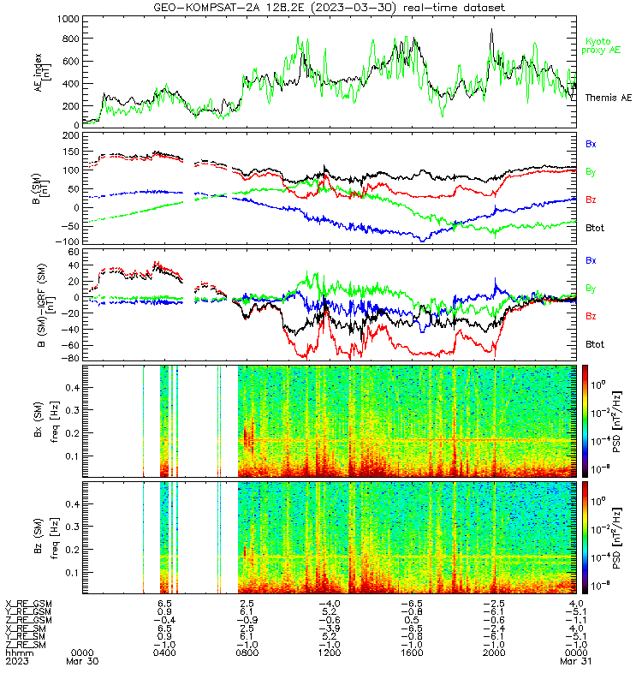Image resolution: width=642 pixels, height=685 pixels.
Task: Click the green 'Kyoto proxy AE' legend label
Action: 601,46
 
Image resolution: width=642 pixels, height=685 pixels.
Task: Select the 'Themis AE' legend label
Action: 609,98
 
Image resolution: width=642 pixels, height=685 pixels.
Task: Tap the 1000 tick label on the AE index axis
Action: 68,19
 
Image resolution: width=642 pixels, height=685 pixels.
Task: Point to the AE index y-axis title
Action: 43,73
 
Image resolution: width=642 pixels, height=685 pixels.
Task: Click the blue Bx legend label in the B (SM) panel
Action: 591,144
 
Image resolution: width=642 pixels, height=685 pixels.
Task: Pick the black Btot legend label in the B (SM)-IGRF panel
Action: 595,345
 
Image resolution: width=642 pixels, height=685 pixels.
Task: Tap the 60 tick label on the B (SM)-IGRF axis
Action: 74,252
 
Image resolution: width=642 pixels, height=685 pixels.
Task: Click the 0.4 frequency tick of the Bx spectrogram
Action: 73,388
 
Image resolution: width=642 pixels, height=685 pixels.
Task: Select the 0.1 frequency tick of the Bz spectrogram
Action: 73,572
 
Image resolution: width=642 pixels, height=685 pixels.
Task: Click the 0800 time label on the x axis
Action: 247,653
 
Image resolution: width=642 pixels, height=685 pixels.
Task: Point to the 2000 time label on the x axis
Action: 494,653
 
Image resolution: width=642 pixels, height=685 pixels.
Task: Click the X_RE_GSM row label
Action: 28,604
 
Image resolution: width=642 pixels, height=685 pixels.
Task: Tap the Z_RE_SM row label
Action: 26,645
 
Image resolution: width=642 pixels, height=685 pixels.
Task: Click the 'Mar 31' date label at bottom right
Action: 575,661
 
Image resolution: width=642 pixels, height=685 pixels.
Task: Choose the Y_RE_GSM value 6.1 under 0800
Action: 247,612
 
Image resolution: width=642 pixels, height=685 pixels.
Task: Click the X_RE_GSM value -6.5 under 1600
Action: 412,604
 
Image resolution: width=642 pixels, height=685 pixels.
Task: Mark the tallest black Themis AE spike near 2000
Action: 491,30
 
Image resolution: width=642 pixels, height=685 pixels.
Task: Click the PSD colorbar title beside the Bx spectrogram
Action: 616,421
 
